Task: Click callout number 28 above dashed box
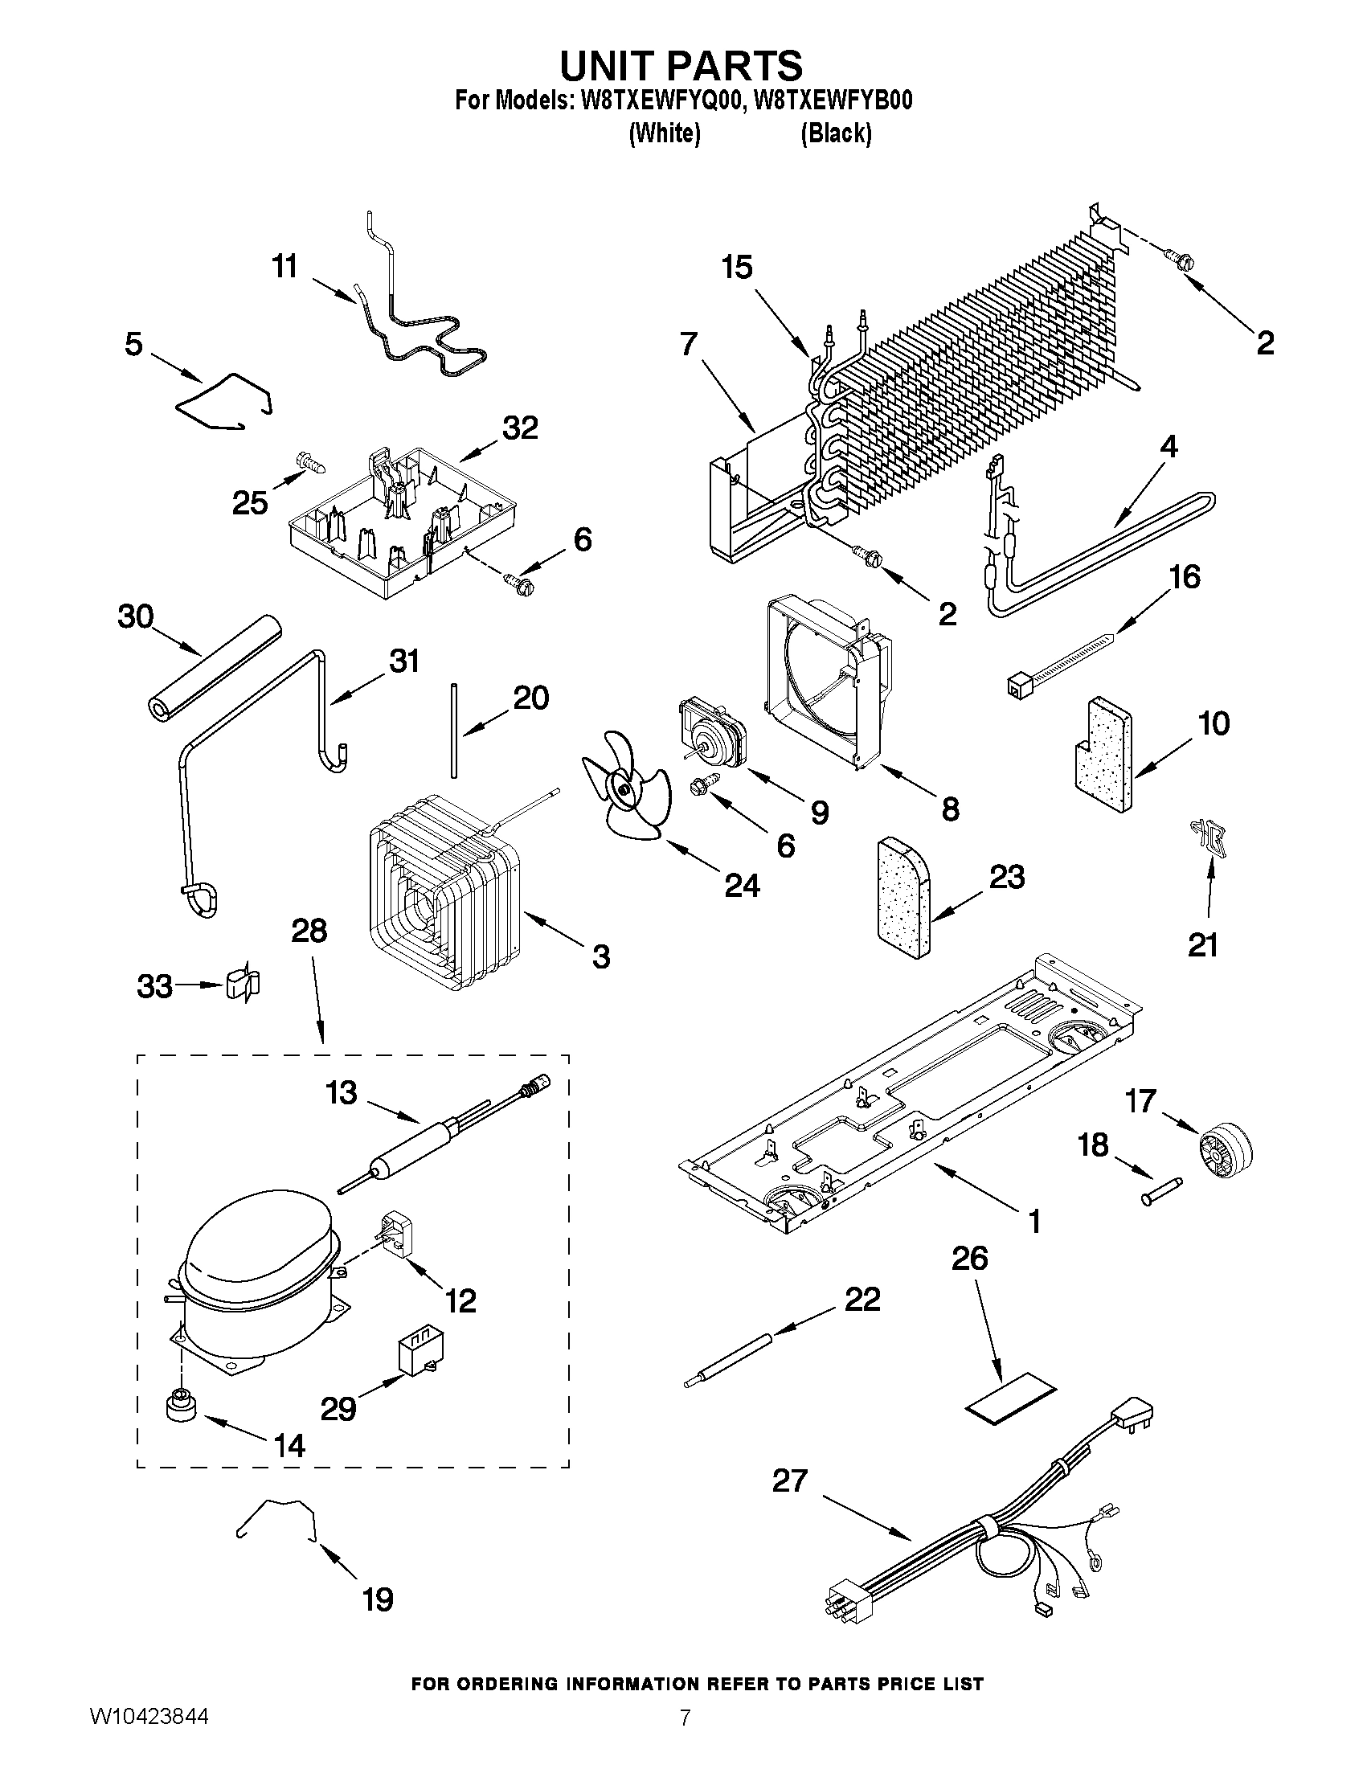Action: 309,931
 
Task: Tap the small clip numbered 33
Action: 244,984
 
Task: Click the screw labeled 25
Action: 313,462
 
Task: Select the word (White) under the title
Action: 664,132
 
